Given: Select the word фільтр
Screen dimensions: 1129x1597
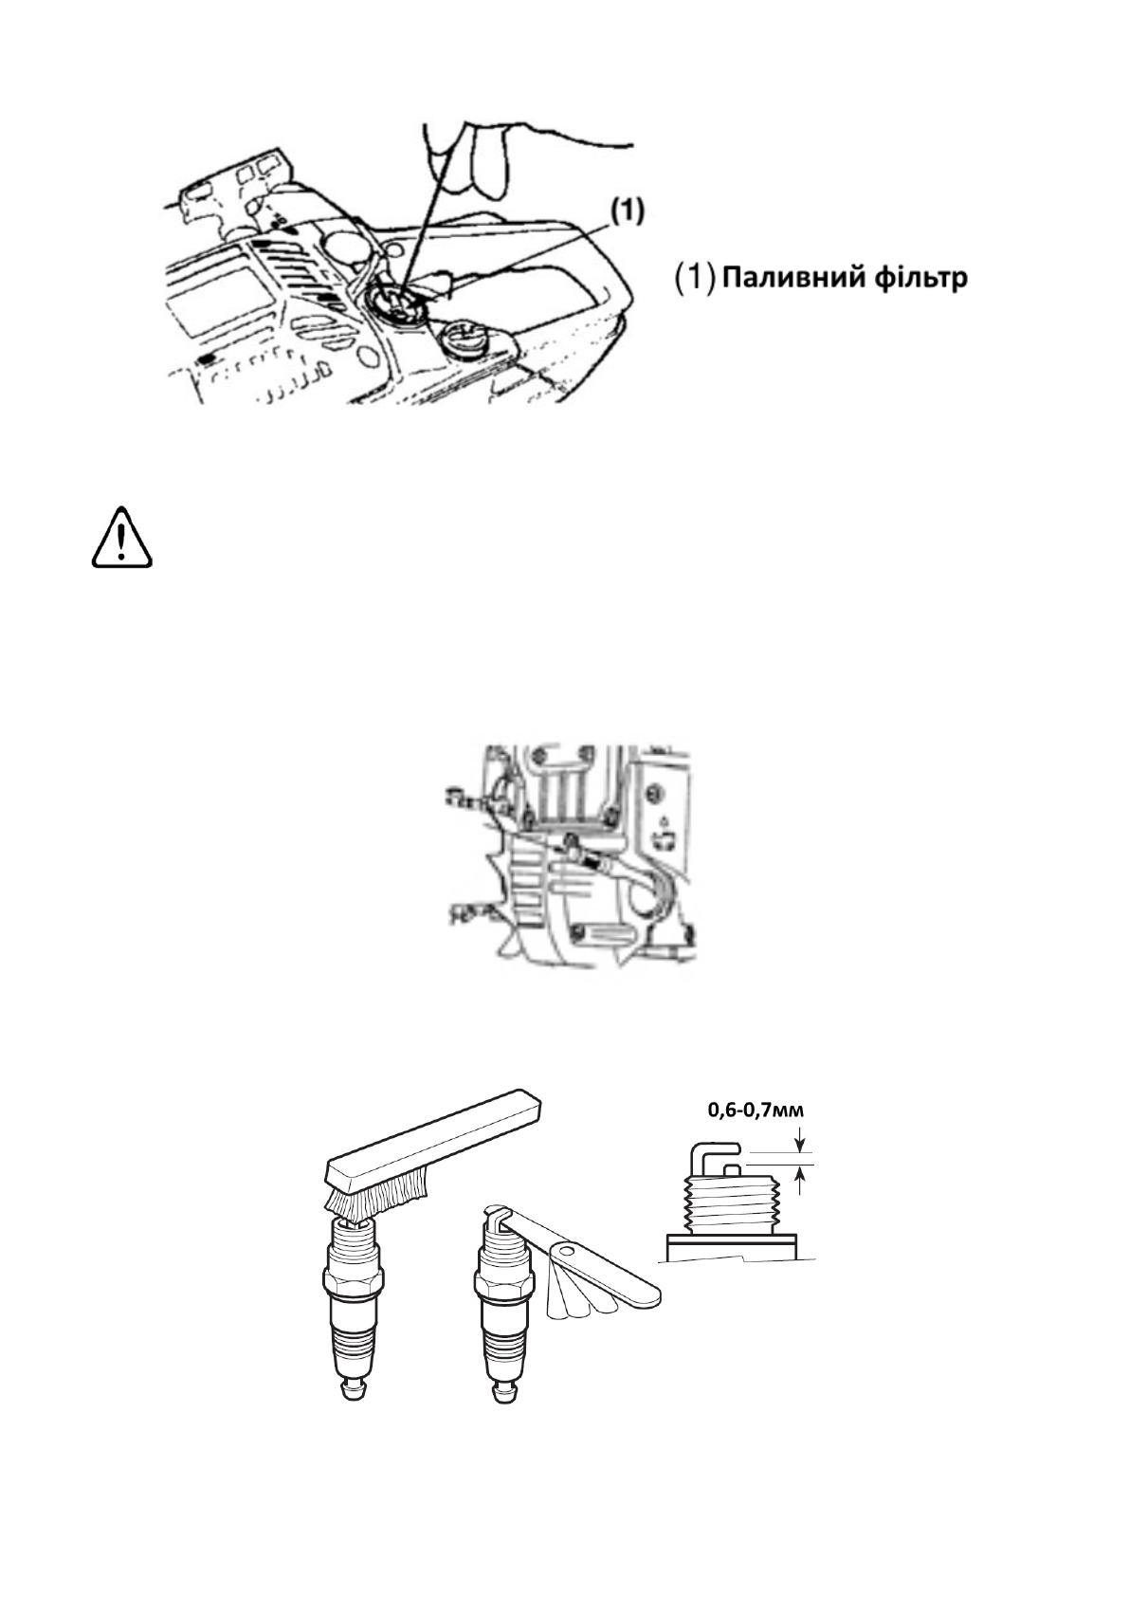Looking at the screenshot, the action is click(x=920, y=279).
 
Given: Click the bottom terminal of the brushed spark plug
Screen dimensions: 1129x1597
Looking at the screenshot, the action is click(x=353, y=1389).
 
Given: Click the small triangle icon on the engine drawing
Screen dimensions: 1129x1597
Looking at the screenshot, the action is click(x=664, y=816).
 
